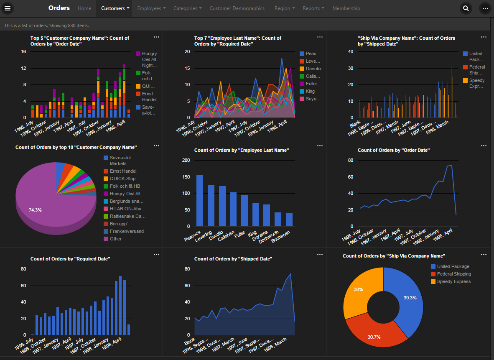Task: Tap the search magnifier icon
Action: click(x=466, y=8)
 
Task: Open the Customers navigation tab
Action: click(x=115, y=8)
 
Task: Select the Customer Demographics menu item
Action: click(x=237, y=8)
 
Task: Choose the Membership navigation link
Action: click(x=346, y=8)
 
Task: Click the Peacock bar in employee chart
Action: click(x=200, y=201)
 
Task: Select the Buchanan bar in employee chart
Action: click(x=289, y=220)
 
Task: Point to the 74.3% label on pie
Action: click(x=35, y=210)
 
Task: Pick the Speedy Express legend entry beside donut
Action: click(x=453, y=282)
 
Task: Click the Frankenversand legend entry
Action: click(x=126, y=231)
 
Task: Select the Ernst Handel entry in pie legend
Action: click(x=123, y=171)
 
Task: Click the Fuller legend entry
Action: click(x=311, y=84)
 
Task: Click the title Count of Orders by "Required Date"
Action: click(x=70, y=259)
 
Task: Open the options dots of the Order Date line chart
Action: click(x=484, y=146)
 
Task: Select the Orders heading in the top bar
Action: click(x=59, y=8)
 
